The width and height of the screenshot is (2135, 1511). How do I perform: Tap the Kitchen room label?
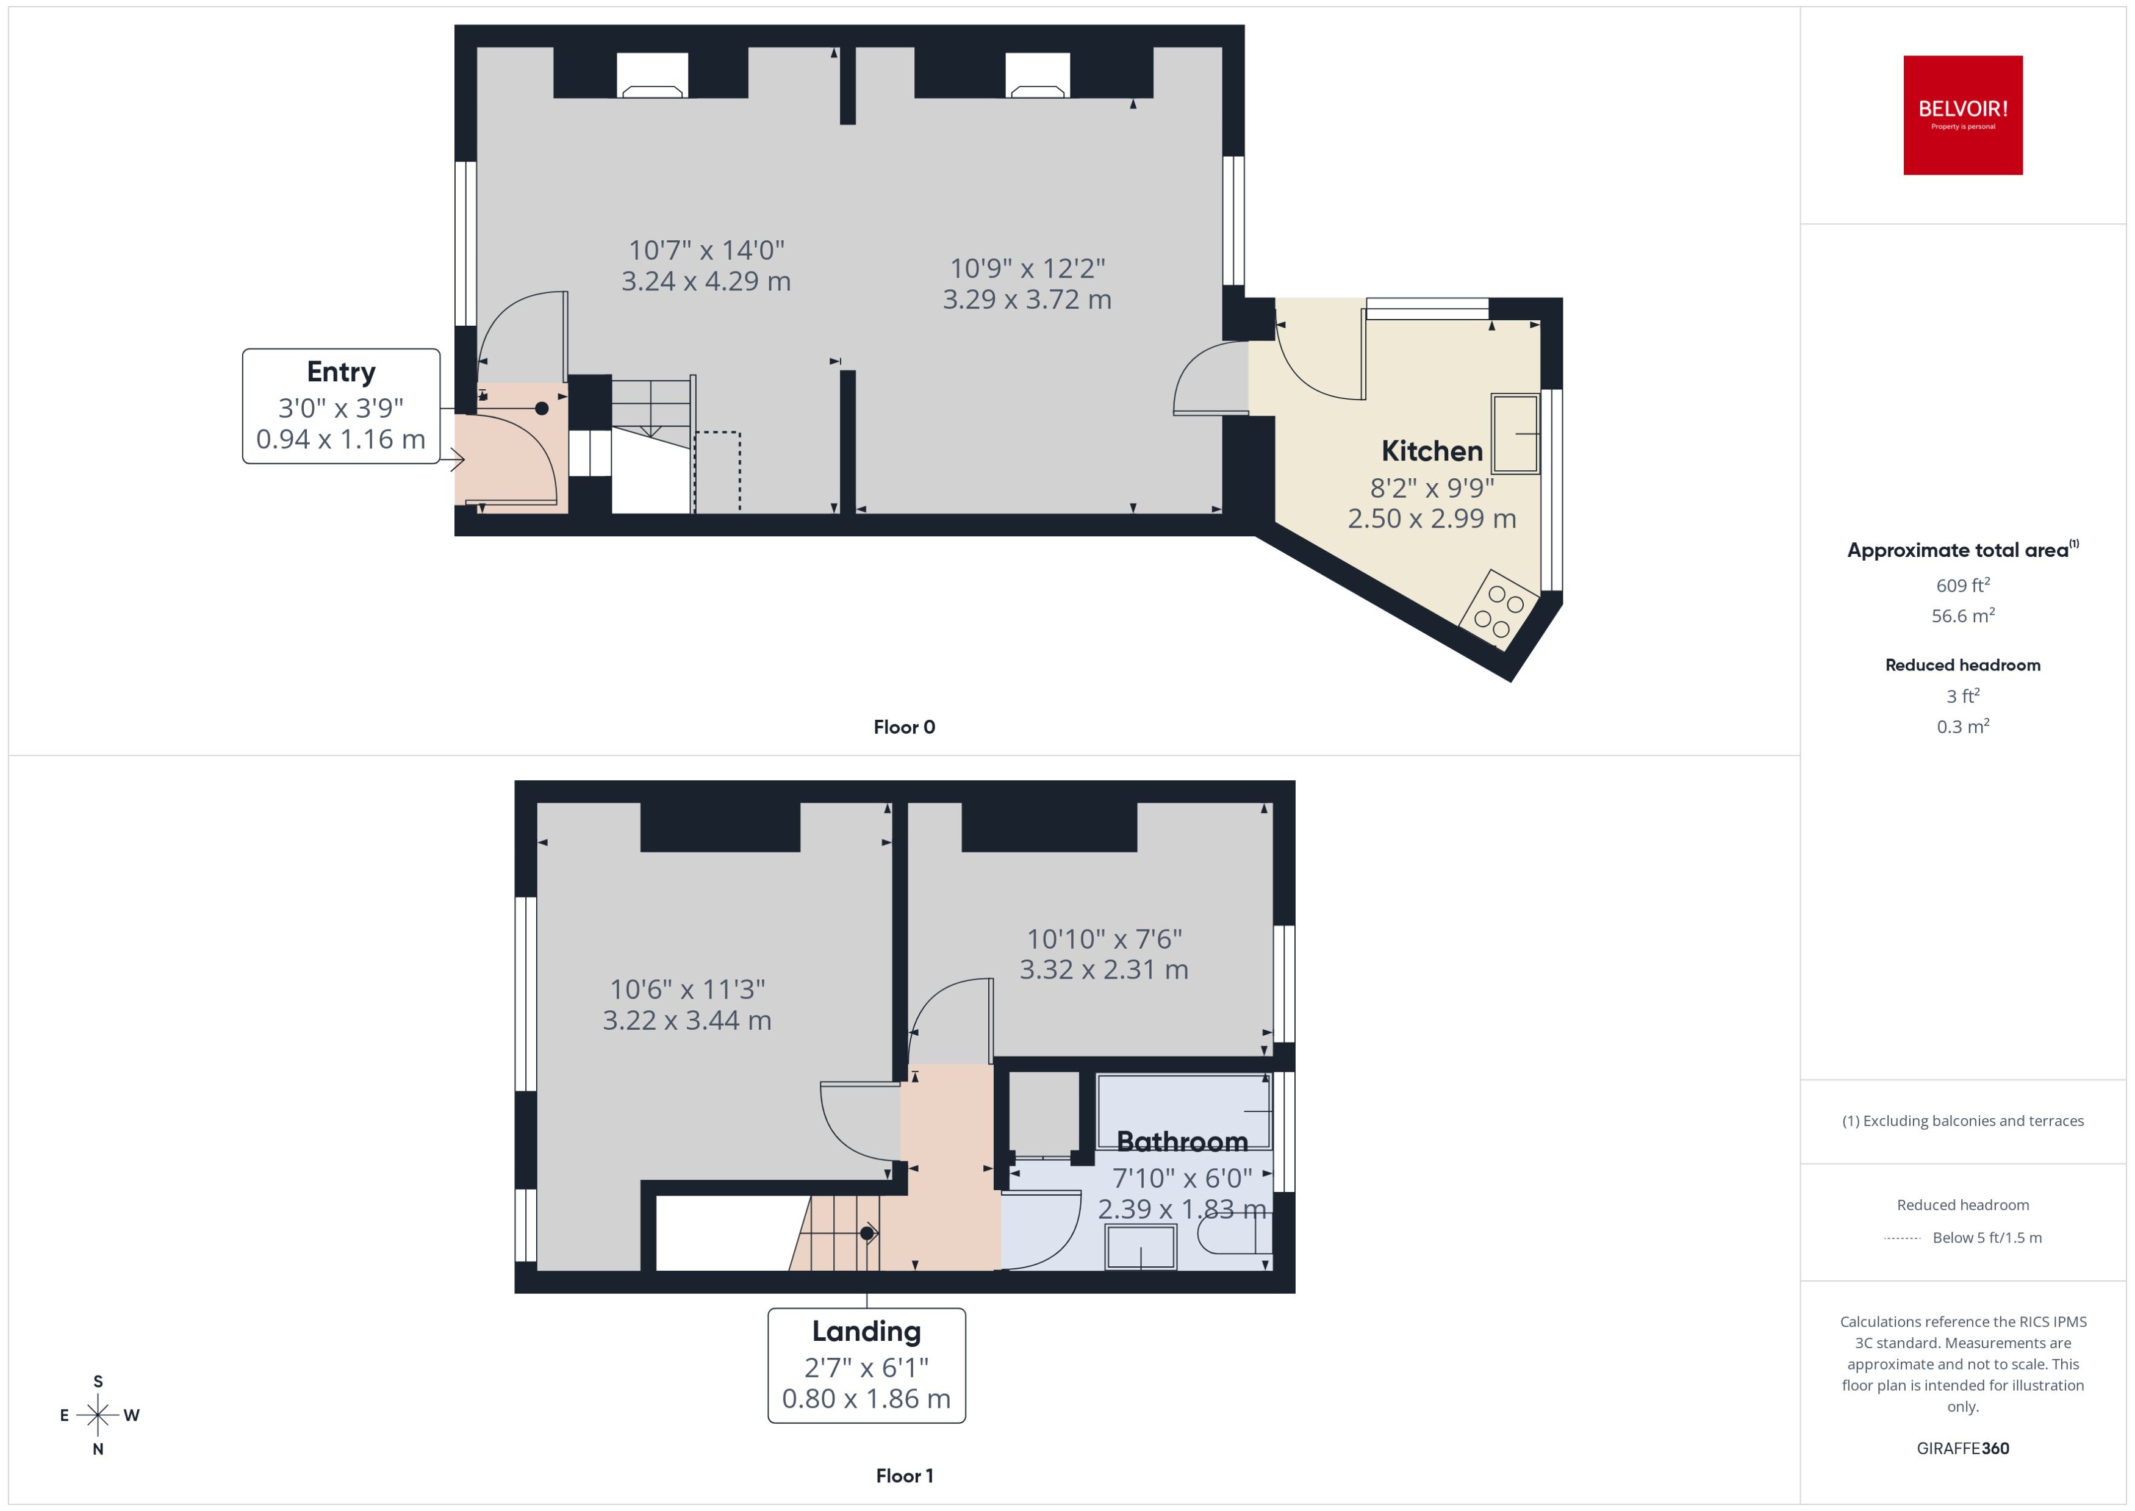(x=1431, y=451)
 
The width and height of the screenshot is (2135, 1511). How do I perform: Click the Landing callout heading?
(x=866, y=1332)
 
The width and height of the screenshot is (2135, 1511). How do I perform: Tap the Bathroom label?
(x=1182, y=1141)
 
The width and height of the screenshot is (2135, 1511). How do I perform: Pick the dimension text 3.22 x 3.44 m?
(x=686, y=1021)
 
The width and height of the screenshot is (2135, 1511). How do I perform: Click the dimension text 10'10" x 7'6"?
(x=1103, y=939)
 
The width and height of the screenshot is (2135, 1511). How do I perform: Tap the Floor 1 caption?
(x=903, y=1476)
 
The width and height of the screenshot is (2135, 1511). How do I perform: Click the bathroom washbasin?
(x=1141, y=1247)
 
